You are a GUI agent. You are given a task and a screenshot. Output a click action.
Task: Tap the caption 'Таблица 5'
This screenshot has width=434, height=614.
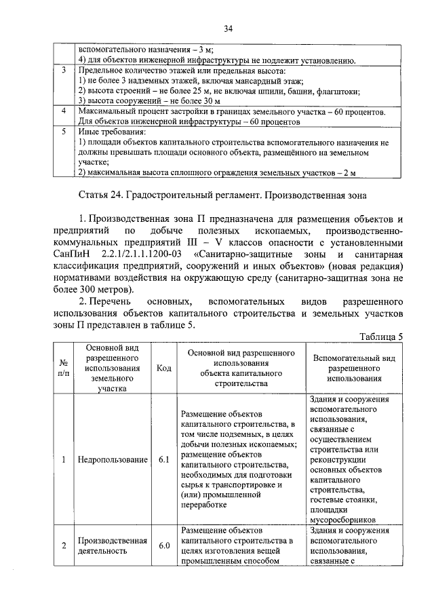(x=380, y=337)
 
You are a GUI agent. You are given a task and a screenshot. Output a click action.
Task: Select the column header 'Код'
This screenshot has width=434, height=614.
(x=163, y=368)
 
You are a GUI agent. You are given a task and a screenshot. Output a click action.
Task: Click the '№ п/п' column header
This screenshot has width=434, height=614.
(x=63, y=368)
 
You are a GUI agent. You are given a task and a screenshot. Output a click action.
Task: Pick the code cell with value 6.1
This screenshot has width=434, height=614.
(x=163, y=459)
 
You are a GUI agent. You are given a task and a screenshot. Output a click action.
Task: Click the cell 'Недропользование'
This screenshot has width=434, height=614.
(x=113, y=459)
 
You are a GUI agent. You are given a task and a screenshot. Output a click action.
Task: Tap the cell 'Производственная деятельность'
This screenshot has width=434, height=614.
(x=113, y=545)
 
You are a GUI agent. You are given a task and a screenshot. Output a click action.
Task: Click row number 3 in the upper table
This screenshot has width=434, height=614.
(x=63, y=71)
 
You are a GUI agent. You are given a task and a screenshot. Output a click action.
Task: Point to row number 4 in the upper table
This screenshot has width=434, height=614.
(x=63, y=110)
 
